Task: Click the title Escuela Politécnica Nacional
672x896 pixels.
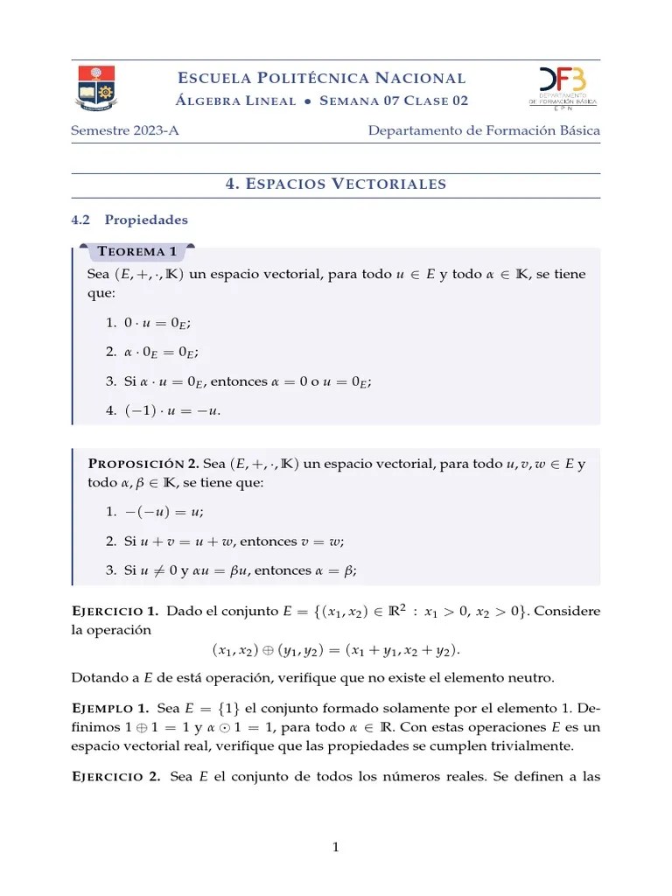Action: (x=322, y=78)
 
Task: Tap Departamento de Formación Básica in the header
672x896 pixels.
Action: (x=484, y=131)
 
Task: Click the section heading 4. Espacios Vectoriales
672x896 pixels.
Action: (x=336, y=184)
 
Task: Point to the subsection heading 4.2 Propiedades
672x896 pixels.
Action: (x=129, y=220)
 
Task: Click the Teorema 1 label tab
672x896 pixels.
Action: (x=137, y=252)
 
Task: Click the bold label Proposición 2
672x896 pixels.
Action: (x=143, y=463)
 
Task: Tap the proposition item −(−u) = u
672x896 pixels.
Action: (x=164, y=513)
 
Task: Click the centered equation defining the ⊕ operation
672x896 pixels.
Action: (x=335, y=650)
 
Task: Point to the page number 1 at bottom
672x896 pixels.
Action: (x=335, y=847)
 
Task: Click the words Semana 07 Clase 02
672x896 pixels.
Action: (x=394, y=101)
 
